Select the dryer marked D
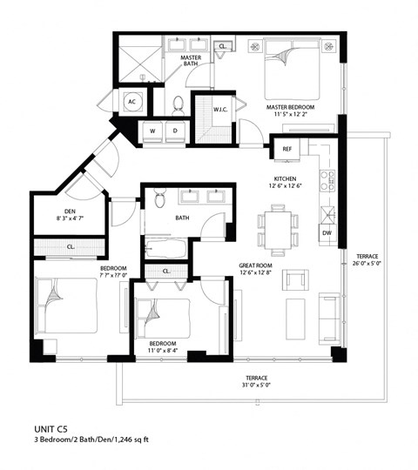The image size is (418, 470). point(176,131)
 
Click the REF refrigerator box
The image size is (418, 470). point(287,150)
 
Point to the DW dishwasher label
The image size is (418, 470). point(327,233)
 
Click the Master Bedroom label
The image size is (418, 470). point(290,110)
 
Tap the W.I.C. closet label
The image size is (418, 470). point(220,110)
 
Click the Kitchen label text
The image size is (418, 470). point(286,181)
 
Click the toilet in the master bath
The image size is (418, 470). point(179,104)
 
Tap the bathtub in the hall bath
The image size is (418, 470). point(165,248)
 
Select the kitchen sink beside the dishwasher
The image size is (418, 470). point(327,213)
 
